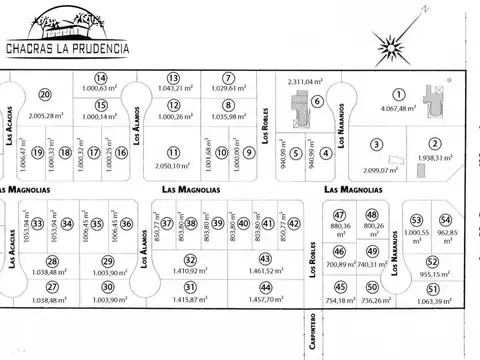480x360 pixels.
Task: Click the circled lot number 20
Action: (45, 95)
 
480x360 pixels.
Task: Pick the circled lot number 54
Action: (446, 221)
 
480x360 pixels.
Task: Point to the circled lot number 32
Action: (189, 260)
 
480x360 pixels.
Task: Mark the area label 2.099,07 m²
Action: (376, 170)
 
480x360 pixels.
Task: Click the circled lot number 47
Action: (340, 216)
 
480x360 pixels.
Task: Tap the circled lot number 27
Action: (52, 287)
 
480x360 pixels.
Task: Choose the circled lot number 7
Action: (228, 78)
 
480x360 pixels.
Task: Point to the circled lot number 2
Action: (435, 143)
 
